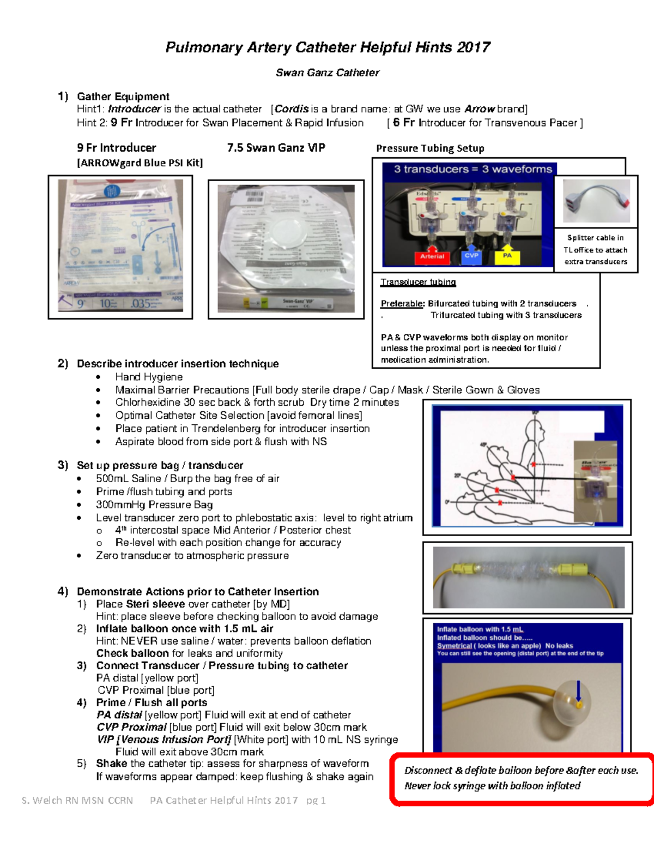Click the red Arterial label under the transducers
pos(432,256)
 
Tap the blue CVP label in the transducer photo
pos(471,256)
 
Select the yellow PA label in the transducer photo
pos(507,256)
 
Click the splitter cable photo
pos(596,201)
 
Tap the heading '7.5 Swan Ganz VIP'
pos(276,148)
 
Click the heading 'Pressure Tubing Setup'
pos(430,148)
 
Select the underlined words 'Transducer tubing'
pos(418,282)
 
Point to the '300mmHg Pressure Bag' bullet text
pos(154,505)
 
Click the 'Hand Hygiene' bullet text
pos(149,377)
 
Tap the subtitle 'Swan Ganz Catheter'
pos(327,73)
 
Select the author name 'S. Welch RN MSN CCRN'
pos(77,801)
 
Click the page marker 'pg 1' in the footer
pos(316,801)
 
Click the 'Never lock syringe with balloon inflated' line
pos(492,786)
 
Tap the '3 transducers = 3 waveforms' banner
pos(473,169)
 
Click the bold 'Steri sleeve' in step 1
pos(155,604)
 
